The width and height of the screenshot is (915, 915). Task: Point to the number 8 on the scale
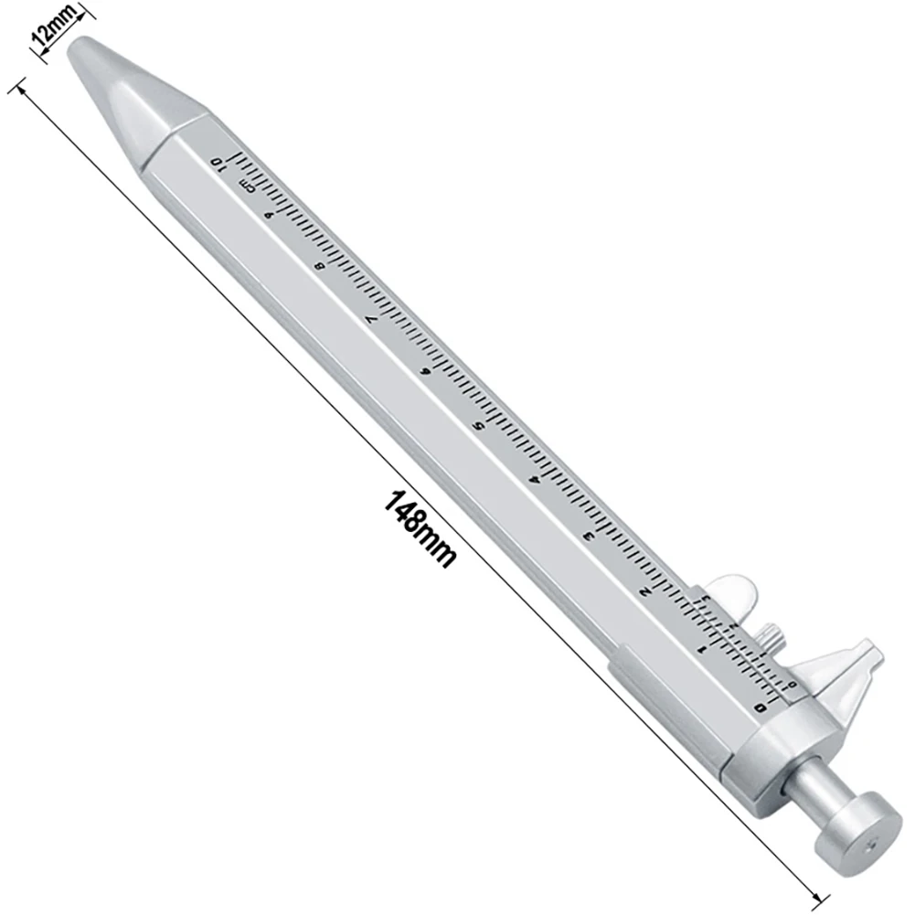(x=319, y=266)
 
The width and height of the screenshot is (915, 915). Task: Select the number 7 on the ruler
(x=370, y=319)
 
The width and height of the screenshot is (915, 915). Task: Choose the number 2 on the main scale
(x=644, y=591)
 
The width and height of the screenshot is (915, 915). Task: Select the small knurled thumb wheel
(x=771, y=636)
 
